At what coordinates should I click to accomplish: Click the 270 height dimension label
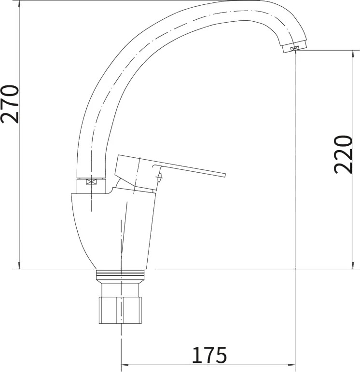10,104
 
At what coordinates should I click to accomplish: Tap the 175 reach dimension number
209,355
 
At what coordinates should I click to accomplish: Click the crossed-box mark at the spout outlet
294,48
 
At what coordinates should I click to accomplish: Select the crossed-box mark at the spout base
91,182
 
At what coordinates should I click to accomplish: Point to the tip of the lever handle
225,175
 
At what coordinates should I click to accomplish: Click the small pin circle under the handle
159,177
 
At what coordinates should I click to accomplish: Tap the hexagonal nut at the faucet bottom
120,310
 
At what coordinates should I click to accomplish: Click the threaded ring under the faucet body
120,275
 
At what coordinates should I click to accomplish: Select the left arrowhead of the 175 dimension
125,365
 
